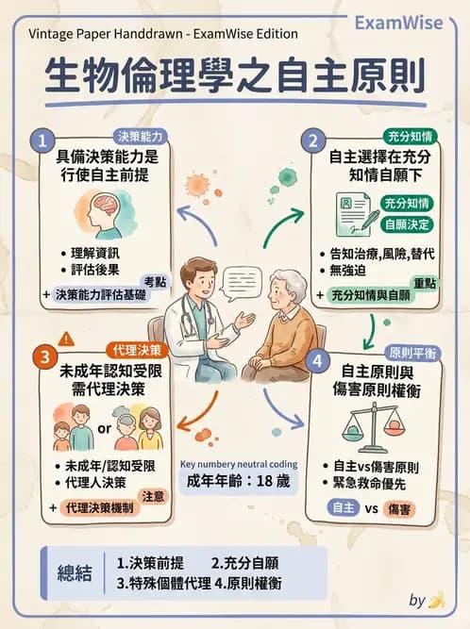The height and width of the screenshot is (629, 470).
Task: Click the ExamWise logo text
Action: tap(397, 23)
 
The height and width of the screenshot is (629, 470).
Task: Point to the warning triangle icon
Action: tap(65, 338)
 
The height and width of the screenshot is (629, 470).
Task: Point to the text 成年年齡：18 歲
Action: tap(239, 479)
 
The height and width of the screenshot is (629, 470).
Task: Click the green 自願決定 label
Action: tap(407, 225)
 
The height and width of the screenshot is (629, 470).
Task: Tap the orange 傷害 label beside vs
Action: tap(401, 510)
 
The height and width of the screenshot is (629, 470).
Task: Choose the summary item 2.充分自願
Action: tap(244, 563)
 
